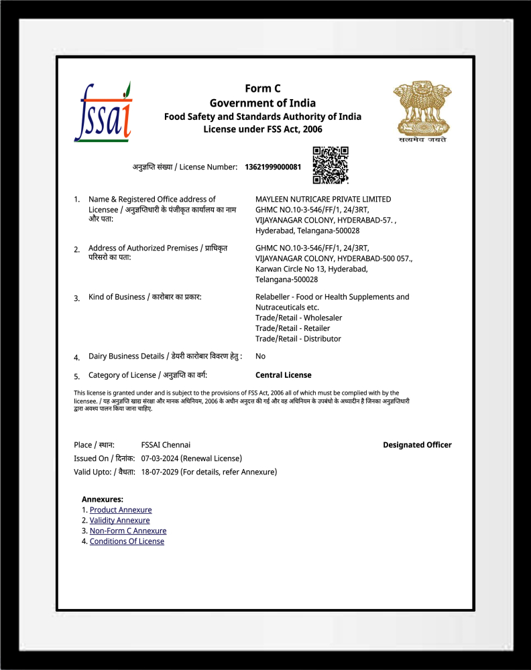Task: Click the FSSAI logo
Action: pos(103,112)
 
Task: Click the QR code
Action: pos(331,165)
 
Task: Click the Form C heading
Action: pos(263,88)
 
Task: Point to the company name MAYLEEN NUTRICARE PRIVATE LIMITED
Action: pos(323,199)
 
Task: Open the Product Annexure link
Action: pos(121,510)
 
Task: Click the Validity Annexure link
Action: pos(119,521)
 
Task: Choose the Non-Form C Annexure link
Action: pos(128,531)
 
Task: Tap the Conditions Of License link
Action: pos(127,541)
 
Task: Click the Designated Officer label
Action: pos(417,445)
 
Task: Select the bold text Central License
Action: pos(284,375)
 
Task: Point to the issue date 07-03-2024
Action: pos(161,458)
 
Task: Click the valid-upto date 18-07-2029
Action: pos(161,472)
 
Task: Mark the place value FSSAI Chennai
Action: pos(166,445)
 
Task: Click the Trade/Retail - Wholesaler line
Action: pos(298,318)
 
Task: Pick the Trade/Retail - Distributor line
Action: pos(298,338)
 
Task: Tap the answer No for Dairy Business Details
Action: pos(260,356)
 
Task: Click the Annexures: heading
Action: pos(103,499)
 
